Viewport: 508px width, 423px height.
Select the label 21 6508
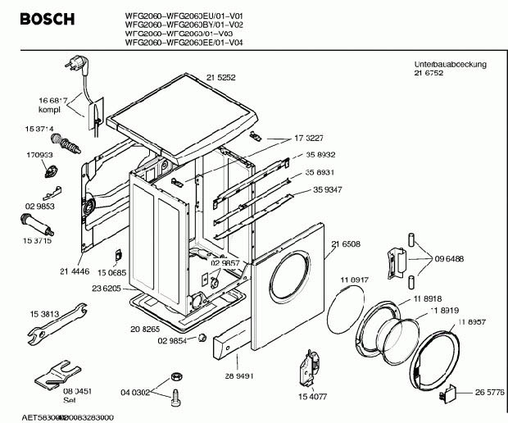tap(347, 243)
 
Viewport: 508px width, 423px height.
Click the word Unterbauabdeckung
tap(450, 64)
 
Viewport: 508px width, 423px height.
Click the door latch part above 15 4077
tap(310, 363)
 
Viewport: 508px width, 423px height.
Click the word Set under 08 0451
tap(70, 402)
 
